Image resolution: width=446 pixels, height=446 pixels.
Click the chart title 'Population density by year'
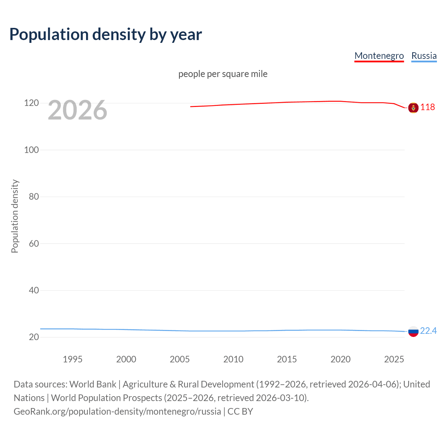click(106, 34)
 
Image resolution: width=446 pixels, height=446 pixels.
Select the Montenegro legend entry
click(379, 56)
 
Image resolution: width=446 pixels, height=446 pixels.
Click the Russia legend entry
click(424, 56)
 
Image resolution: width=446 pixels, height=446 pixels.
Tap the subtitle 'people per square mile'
click(223, 74)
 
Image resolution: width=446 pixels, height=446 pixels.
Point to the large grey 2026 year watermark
click(77, 110)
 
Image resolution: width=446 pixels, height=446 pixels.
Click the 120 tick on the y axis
click(31, 103)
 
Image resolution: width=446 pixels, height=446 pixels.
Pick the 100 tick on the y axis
click(31, 150)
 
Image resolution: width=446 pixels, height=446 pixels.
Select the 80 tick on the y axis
click(34, 197)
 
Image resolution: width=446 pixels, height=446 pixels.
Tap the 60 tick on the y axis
click(34, 244)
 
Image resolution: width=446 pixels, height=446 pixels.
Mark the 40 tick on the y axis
click(34, 290)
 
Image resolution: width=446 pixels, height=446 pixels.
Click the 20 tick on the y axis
click(34, 337)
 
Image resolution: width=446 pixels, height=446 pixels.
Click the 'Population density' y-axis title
click(15, 216)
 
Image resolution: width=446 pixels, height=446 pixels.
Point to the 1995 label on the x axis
click(72, 359)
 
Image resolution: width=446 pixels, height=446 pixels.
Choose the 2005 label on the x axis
click(179, 359)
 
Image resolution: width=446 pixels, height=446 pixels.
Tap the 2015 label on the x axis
click(287, 359)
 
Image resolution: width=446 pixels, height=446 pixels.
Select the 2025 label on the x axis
click(394, 359)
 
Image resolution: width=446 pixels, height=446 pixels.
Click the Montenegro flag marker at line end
click(413, 108)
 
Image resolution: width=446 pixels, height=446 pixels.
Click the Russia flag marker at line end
click(413, 331)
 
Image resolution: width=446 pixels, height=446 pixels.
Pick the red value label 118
click(428, 107)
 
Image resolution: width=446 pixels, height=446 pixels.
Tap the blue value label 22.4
click(428, 331)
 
